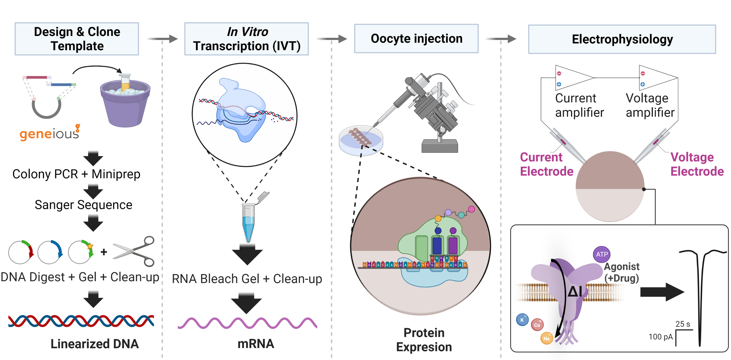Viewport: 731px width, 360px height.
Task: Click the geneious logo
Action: (x=49, y=133)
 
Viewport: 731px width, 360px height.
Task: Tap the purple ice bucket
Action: (x=125, y=105)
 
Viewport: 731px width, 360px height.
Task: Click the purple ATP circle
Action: (x=601, y=254)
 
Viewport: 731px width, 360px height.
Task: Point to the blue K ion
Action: (x=522, y=320)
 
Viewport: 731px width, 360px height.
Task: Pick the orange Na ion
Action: (x=546, y=338)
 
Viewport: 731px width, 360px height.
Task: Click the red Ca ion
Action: (x=537, y=325)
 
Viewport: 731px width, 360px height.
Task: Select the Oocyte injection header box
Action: (x=416, y=39)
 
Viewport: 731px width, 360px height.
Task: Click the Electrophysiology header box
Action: (x=622, y=39)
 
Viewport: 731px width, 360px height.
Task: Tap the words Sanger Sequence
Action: (x=83, y=205)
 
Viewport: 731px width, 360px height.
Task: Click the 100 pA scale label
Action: (x=660, y=337)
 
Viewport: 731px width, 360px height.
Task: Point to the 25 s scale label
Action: (x=682, y=324)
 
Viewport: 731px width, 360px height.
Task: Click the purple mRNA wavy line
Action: (x=247, y=323)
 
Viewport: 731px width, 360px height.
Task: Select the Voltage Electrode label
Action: (x=696, y=164)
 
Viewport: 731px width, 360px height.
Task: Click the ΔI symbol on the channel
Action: (x=574, y=291)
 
